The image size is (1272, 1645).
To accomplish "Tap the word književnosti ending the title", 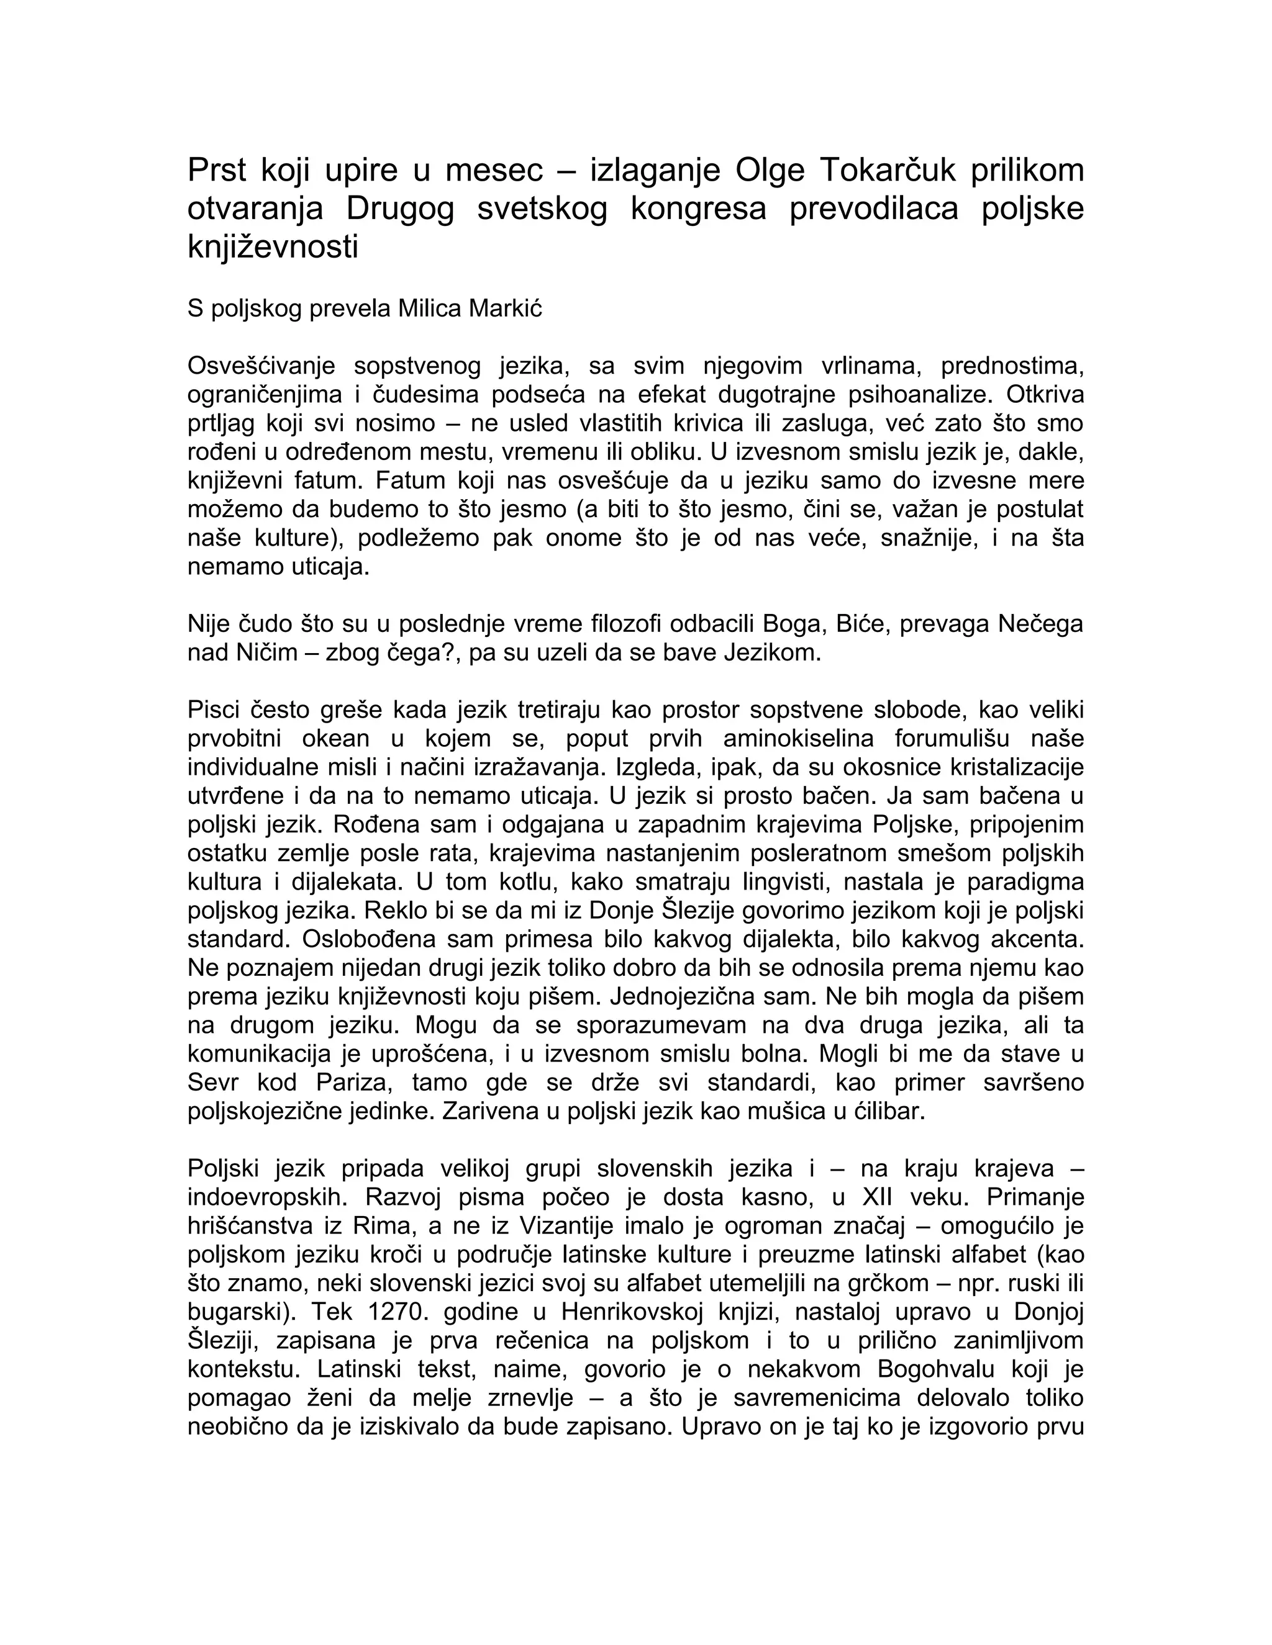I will click(273, 247).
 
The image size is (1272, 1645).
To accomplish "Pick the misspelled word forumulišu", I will click(957, 739).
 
